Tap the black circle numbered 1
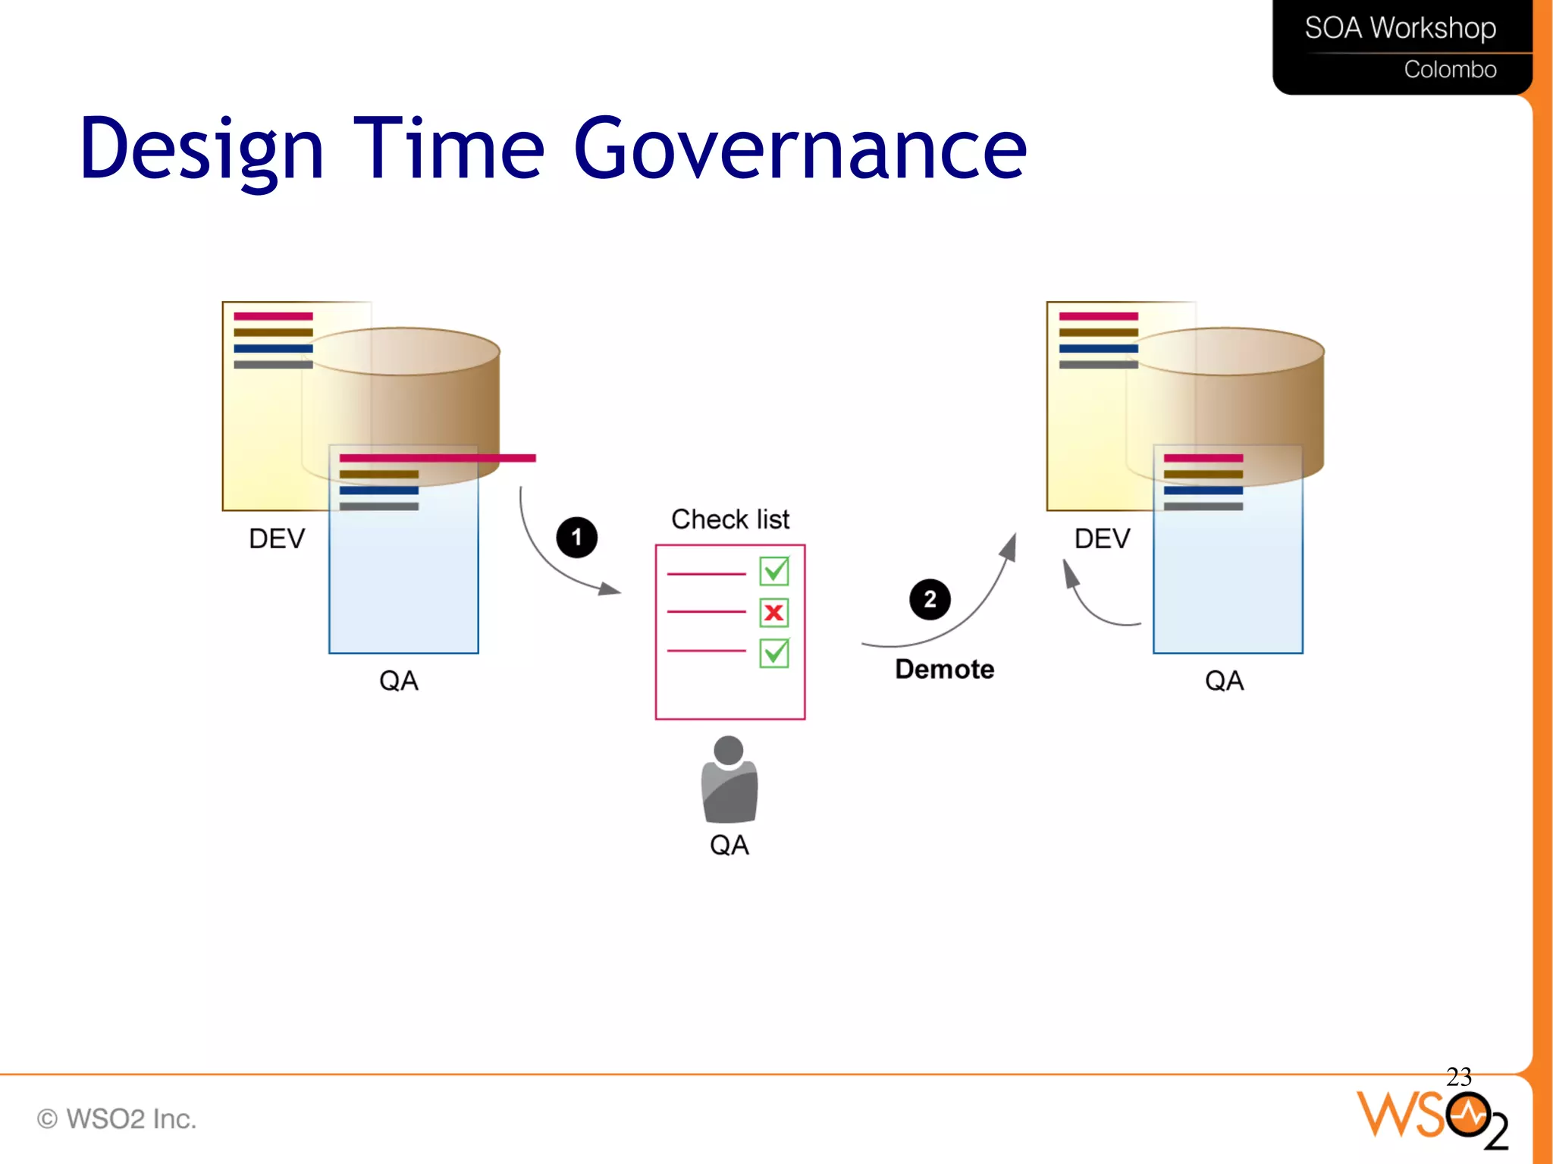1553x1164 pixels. coord(576,538)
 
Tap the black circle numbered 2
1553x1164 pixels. coord(930,600)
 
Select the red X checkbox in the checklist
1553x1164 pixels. coord(774,613)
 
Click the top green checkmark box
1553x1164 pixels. coord(774,571)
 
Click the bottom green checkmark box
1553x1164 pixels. coord(774,653)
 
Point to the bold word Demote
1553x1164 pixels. coord(944,670)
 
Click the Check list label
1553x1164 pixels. coord(729,519)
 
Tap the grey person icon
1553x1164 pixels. coord(729,780)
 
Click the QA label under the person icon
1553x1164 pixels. coord(729,845)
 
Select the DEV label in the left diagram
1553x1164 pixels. coord(277,538)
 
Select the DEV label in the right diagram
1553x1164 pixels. coord(1102,538)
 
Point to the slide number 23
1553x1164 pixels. coord(1458,1076)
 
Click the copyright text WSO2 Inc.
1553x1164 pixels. coord(118,1119)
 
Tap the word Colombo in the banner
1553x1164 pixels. coord(1450,70)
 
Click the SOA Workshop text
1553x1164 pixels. coord(1400,28)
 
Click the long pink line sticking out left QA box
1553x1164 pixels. coord(438,458)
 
